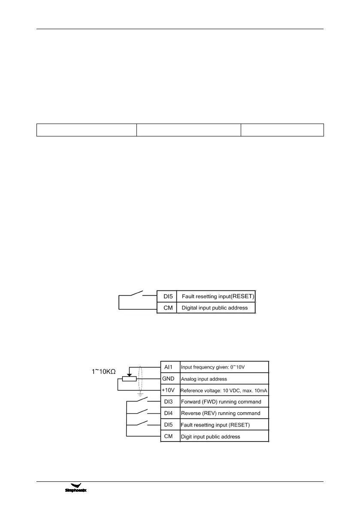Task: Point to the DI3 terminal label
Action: click(x=170, y=402)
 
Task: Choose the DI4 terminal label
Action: click(x=170, y=414)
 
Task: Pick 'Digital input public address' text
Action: click(x=215, y=308)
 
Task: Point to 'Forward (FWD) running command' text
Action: click(x=221, y=402)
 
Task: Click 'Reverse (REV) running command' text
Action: click(x=221, y=414)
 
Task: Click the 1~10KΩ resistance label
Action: click(x=104, y=371)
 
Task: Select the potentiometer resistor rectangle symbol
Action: click(x=129, y=379)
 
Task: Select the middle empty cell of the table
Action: click(x=188, y=130)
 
